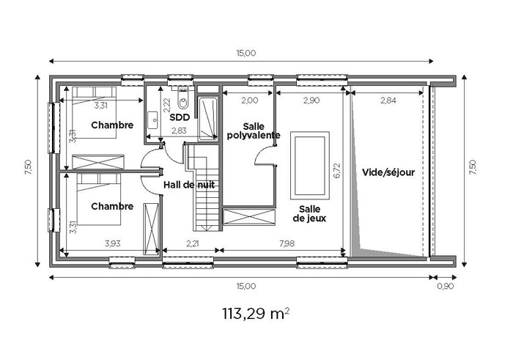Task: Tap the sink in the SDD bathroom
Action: [x=152, y=120]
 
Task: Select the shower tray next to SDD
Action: [x=208, y=119]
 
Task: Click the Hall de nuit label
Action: [x=189, y=185]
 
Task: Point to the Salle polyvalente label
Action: [x=254, y=131]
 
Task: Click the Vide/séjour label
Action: [x=388, y=172]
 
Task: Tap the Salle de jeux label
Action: [x=309, y=213]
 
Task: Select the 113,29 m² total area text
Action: [x=256, y=314]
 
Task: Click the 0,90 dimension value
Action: [x=446, y=287]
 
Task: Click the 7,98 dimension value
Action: [x=287, y=243]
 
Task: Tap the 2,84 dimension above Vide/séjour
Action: [x=388, y=100]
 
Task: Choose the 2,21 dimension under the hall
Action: [x=193, y=243]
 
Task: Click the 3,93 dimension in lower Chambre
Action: [x=113, y=243]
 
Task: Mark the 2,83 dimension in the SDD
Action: [x=179, y=131]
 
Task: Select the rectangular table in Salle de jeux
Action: [x=309, y=166]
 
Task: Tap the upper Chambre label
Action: [x=112, y=125]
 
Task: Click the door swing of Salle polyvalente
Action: [x=263, y=155]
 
